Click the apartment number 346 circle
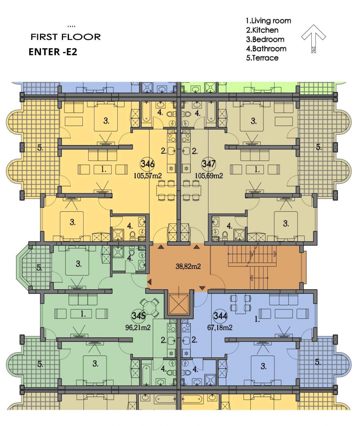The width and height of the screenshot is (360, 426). point(148,164)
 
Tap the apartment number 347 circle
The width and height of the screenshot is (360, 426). point(209,164)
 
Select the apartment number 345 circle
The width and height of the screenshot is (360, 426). point(139,316)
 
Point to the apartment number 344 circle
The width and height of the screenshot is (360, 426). point(220,316)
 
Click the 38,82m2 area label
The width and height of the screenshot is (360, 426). point(188,266)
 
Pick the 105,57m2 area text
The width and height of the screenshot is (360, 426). point(148,176)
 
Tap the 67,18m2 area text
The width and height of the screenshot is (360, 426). point(220,328)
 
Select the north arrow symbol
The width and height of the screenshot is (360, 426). point(314,38)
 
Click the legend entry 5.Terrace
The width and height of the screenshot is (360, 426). point(262,58)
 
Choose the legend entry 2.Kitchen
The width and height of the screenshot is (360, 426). point(262,30)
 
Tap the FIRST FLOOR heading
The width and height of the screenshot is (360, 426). point(66,37)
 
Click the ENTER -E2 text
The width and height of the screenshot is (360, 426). point(53,51)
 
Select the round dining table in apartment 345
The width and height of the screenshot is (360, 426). point(149,307)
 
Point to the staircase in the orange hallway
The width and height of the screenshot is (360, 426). point(252,267)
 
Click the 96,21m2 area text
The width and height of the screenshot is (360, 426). point(138,328)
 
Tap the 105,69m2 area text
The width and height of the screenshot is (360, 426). point(209,176)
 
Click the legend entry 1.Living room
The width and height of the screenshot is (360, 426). point(269,21)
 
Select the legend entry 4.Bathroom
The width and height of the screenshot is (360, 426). point(266,49)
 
